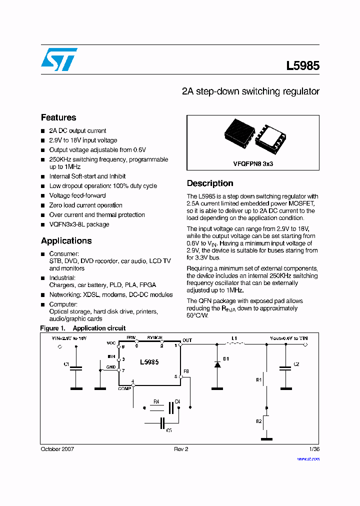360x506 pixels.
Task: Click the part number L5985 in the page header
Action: click(x=302, y=66)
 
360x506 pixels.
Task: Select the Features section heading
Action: click(x=58, y=117)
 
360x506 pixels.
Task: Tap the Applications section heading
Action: click(x=66, y=240)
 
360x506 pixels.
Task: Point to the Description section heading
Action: click(x=210, y=183)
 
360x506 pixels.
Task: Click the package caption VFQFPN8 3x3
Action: click(x=253, y=163)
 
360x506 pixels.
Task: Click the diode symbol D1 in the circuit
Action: click(x=217, y=364)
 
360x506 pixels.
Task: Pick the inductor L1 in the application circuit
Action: click(x=235, y=343)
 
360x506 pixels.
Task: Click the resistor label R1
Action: click(x=259, y=380)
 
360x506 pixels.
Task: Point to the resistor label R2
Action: click(x=259, y=421)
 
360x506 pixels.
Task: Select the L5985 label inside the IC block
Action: click(x=149, y=361)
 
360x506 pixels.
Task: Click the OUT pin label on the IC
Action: click(x=187, y=340)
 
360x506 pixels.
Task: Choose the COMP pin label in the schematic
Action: click(x=125, y=388)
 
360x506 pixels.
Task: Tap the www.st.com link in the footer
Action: click(x=308, y=458)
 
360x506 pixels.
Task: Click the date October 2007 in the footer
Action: click(x=57, y=449)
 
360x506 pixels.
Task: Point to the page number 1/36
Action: click(x=314, y=449)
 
